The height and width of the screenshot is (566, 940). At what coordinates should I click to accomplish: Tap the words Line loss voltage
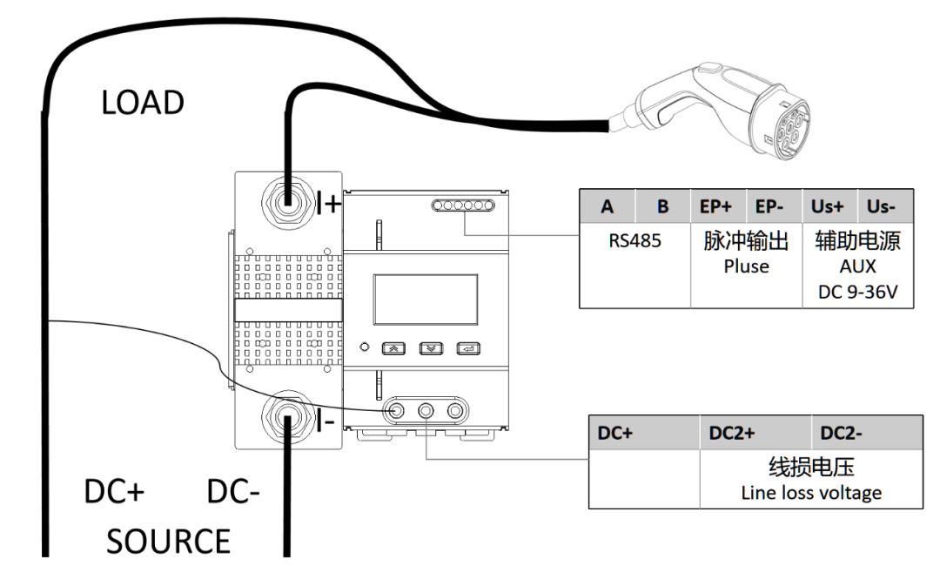click(811, 493)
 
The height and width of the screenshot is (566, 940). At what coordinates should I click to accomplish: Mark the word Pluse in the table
click(746, 266)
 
